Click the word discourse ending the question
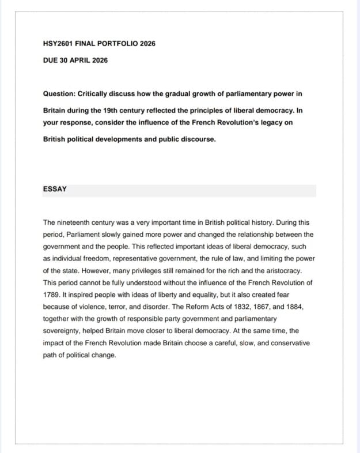tap(197, 139)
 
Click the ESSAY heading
tap(55, 189)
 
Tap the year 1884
tap(292, 307)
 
